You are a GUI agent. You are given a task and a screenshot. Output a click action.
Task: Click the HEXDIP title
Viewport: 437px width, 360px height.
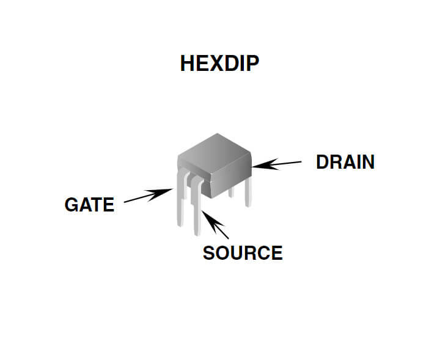pos(219,64)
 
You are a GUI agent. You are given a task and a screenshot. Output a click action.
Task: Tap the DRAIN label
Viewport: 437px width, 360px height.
pos(345,162)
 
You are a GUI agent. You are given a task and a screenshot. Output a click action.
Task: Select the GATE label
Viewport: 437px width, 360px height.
pos(89,205)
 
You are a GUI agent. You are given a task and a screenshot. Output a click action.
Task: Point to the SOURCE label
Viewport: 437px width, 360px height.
pos(243,252)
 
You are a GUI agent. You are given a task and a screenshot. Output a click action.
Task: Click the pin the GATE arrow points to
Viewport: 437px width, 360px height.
pos(180,205)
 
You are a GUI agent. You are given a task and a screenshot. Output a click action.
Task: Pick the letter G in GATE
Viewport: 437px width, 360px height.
pos(70,205)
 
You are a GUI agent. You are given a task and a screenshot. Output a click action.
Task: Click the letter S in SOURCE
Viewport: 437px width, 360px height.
pos(208,252)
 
